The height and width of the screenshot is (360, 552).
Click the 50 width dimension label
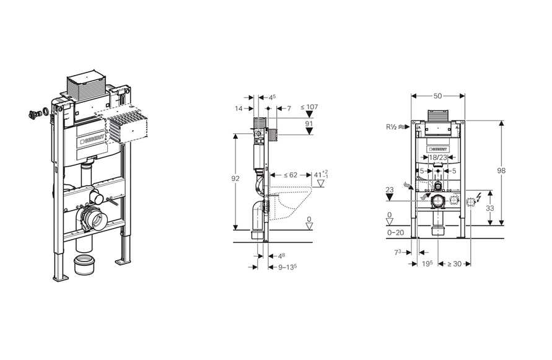click(437, 96)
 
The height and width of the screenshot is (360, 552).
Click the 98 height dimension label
click(501, 170)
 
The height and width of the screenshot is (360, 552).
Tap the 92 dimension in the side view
click(235, 178)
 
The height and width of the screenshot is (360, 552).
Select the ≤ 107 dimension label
click(309, 107)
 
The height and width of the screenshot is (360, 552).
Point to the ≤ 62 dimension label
click(291, 175)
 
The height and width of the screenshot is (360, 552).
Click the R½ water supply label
click(392, 127)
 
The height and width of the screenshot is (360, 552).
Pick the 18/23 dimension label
click(437, 157)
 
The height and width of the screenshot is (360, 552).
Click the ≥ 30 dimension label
click(454, 263)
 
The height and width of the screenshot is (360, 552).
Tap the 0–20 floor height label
click(396, 232)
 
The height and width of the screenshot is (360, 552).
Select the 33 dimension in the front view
click(489, 208)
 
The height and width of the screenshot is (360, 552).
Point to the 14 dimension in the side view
click(239, 108)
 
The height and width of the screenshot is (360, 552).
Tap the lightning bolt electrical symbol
click(478, 197)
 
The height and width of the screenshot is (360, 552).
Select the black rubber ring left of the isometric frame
click(45, 112)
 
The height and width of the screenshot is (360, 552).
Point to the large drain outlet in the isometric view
click(94, 220)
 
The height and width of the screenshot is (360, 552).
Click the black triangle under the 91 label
click(309, 131)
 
